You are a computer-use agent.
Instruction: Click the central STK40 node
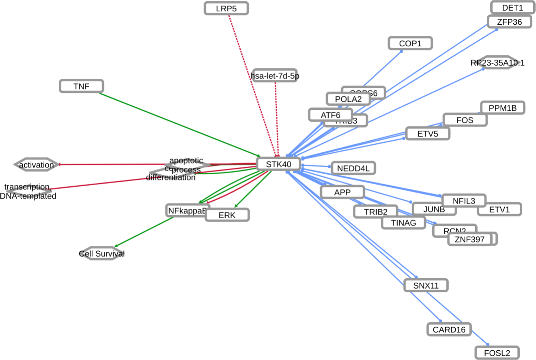point(278,164)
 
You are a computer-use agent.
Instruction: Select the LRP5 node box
point(226,8)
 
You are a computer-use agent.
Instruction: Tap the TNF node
point(82,86)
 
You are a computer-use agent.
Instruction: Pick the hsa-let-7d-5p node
point(275,75)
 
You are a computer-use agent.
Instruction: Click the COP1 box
point(410,43)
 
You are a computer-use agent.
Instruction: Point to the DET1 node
point(512,7)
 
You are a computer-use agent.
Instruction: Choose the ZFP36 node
point(509,21)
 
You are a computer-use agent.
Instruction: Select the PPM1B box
point(502,108)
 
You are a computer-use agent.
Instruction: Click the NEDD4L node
point(353,168)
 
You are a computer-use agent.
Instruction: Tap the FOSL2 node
point(497,353)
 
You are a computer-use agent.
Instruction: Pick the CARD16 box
point(449,329)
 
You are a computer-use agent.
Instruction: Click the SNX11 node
point(426,285)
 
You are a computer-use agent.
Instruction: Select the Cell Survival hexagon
point(101,254)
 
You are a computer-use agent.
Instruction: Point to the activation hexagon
point(36,165)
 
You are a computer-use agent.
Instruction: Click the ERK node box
point(227,215)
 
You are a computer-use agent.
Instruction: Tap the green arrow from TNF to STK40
point(179,124)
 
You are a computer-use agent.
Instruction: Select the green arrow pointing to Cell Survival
point(144,232)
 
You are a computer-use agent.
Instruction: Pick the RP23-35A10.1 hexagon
point(497,62)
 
